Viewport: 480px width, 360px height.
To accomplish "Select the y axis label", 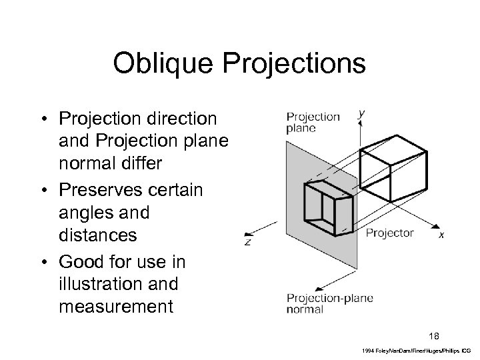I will pyautogui.click(x=361, y=114).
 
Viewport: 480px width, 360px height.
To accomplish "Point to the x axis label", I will pyautogui.click(x=441, y=235).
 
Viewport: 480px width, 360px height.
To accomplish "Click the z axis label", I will pyautogui.click(x=247, y=241).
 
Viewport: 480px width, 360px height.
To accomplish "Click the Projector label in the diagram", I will pyautogui.click(x=389, y=233).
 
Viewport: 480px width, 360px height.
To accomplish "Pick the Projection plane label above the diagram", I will pyautogui.click(x=313, y=122).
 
